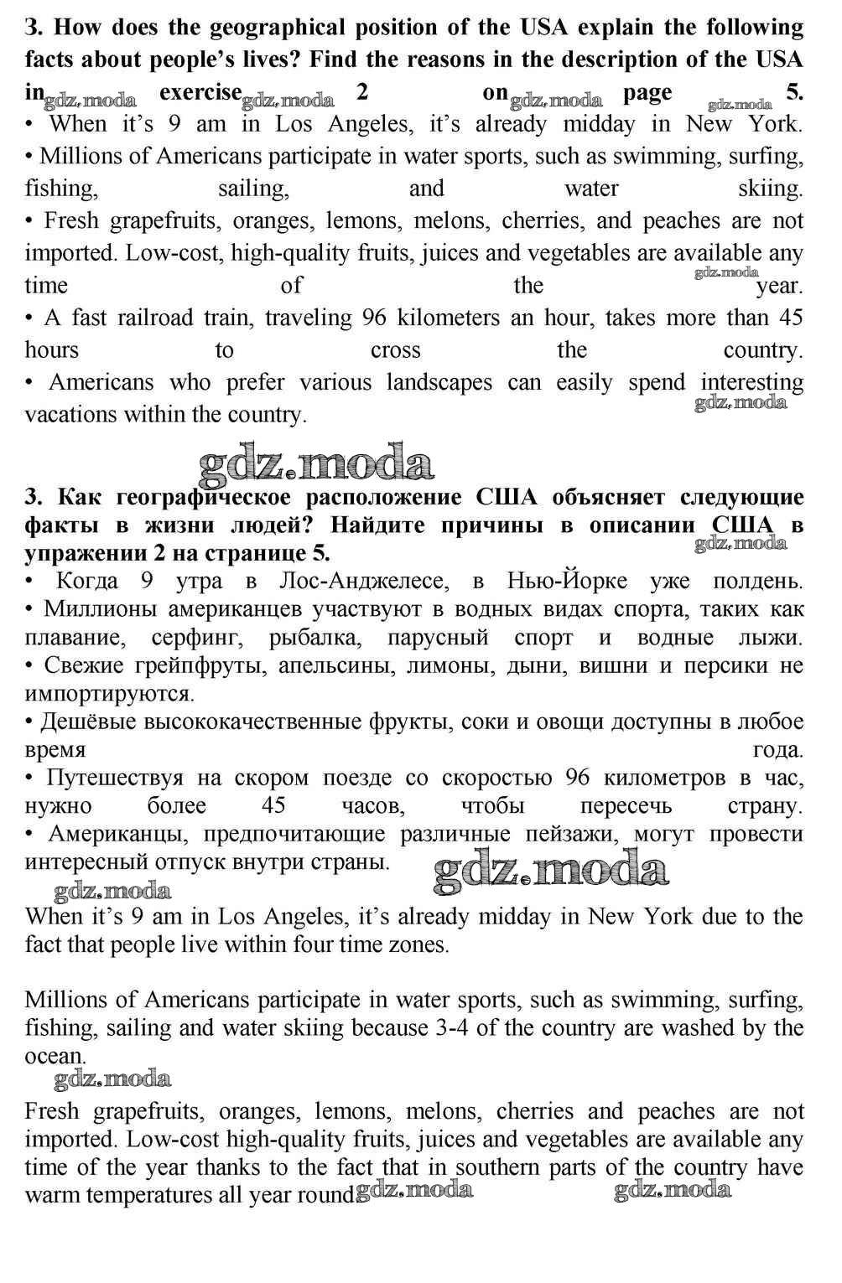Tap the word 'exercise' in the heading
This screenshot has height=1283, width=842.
click(x=200, y=92)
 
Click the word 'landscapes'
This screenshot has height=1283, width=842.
click(x=439, y=382)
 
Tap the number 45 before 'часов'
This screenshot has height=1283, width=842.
click(x=273, y=806)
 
